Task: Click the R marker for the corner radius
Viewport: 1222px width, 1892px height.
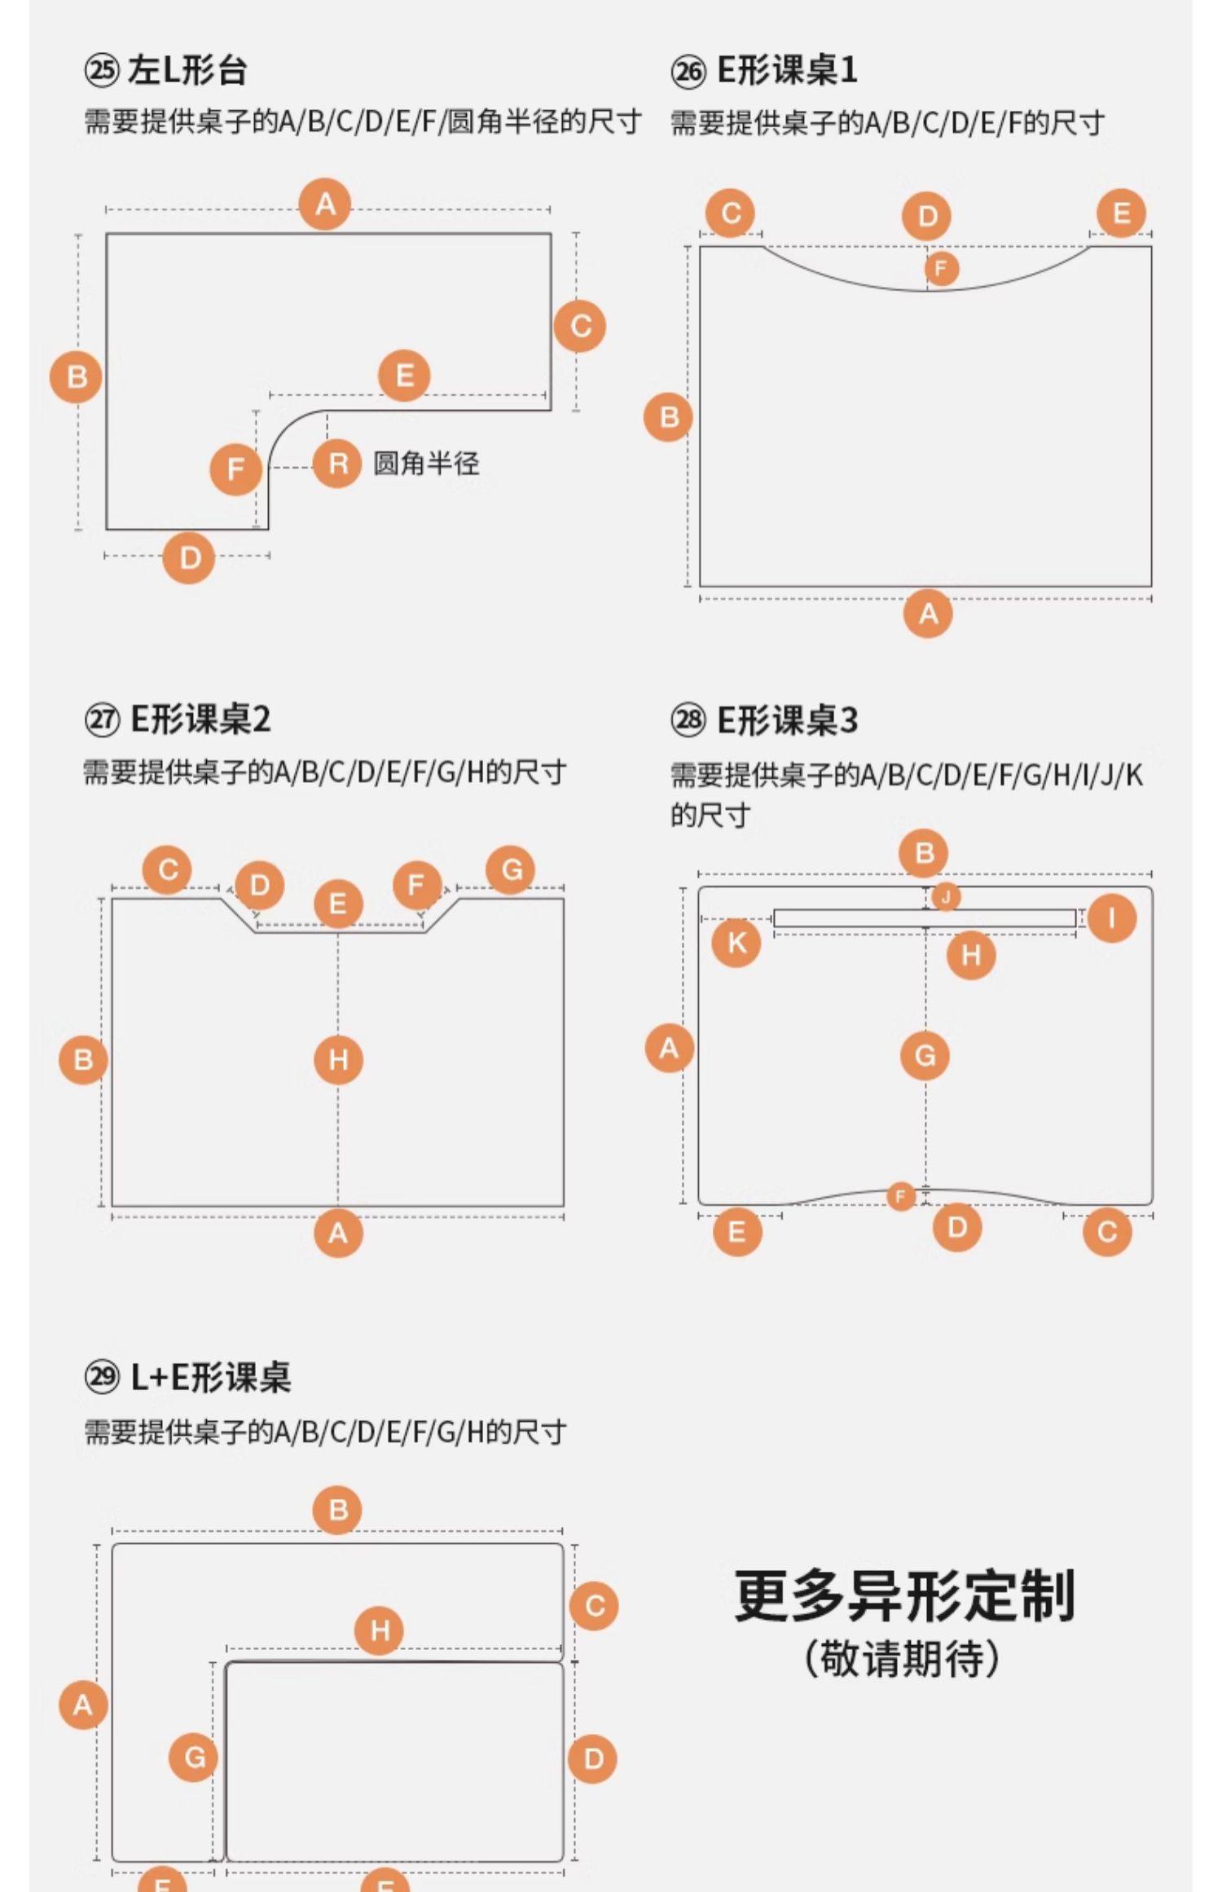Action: [337, 464]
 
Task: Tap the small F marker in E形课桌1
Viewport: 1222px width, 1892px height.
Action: [941, 268]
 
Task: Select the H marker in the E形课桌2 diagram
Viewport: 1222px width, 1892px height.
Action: [338, 1059]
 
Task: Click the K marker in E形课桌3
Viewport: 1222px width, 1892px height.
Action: [736, 943]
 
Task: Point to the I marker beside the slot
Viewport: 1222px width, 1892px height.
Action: [1112, 918]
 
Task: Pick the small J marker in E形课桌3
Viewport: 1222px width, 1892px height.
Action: [945, 897]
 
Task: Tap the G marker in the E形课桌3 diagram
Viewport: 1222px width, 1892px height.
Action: [925, 1055]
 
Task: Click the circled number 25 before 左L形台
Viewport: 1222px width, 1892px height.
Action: [102, 71]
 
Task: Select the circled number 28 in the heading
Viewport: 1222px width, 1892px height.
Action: [688, 720]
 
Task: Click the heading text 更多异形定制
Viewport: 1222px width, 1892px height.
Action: [904, 1595]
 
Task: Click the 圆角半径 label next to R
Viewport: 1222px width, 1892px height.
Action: [426, 464]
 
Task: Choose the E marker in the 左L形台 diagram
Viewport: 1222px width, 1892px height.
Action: [404, 376]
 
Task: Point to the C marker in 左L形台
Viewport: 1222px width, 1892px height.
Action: [580, 326]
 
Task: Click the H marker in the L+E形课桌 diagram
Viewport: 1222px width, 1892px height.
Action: [380, 1630]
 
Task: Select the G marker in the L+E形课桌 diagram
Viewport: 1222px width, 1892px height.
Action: [194, 1758]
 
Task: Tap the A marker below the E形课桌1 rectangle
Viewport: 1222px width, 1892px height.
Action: [928, 614]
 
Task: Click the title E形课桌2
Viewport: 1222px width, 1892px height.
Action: [200, 719]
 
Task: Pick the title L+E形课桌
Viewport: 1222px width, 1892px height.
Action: [210, 1378]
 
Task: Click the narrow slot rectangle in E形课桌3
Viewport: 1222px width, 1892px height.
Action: [925, 918]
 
